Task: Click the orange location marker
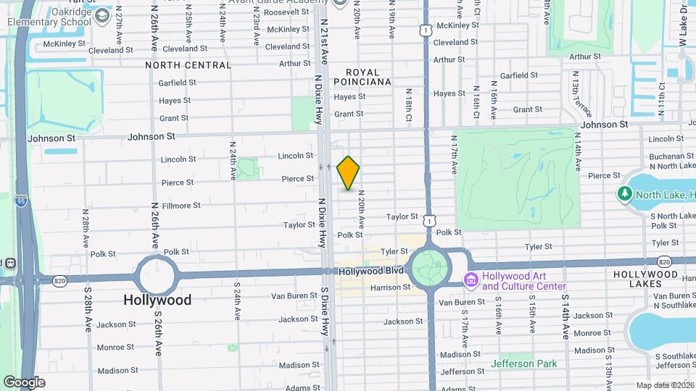click(x=348, y=173)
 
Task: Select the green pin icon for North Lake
click(x=624, y=194)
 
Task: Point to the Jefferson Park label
click(x=523, y=363)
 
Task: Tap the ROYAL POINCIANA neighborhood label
click(x=368, y=77)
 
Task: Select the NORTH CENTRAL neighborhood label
click(x=188, y=65)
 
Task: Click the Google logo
click(x=24, y=382)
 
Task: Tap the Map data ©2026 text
click(x=665, y=385)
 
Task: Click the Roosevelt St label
click(x=288, y=12)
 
